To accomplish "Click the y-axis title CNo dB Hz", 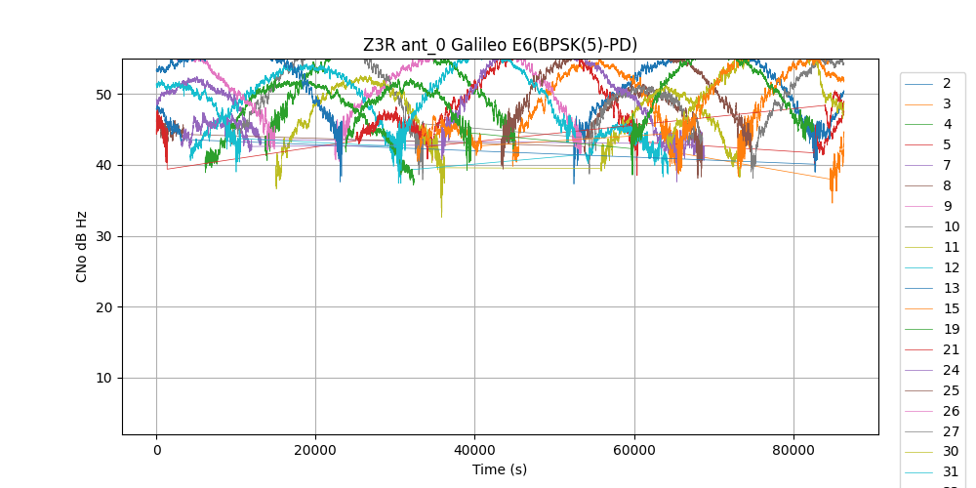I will pyautogui.click(x=82, y=247).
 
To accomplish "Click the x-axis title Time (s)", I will pyautogui.click(x=500, y=469).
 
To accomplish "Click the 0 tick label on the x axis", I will pyautogui.click(x=156, y=450).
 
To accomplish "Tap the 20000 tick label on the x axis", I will pyautogui.click(x=315, y=450).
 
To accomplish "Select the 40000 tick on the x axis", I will pyautogui.click(x=474, y=450).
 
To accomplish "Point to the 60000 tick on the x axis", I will pyautogui.click(x=633, y=450).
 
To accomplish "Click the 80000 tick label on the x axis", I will pyautogui.click(x=793, y=450).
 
